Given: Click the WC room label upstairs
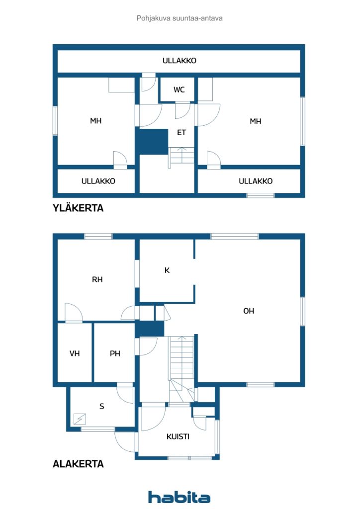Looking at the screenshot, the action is [179, 89].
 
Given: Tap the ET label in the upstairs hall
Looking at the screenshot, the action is [181, 132].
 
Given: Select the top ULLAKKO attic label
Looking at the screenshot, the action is [180, 61].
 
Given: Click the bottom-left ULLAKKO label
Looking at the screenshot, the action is [98, 181].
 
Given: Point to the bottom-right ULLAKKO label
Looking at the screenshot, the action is [256, 181].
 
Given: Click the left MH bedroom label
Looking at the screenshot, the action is [96, 121].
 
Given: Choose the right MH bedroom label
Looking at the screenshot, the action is [256, 121].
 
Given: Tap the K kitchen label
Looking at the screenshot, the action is [167, 270].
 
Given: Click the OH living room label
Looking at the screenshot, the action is [249, 311].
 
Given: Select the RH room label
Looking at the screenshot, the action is [97, 279].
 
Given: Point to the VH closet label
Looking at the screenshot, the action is [75, 353].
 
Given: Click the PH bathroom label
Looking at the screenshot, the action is [115, 353].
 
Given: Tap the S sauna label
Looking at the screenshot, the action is [102, 406].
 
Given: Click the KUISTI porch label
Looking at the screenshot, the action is [178, 436].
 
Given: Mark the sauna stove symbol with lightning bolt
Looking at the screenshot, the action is [80, 419].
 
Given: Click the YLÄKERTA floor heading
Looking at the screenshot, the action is [78, 208].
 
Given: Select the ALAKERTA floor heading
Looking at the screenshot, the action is [78, 464].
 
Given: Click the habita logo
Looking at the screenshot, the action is [179, 497].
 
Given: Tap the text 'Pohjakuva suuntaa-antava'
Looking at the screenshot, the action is [180, 18].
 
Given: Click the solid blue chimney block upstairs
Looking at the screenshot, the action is [152, 142].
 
